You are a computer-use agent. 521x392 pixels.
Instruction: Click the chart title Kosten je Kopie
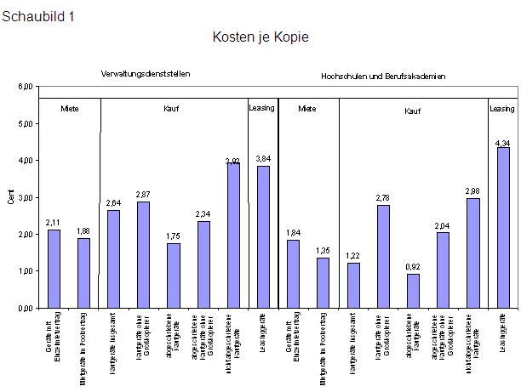[260, 37]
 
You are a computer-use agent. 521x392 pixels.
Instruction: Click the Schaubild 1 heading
[38, 16]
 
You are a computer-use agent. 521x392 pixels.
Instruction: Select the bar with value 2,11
[54, 269]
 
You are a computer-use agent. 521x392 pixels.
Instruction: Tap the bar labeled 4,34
[503, 227]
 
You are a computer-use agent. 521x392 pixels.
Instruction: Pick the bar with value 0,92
[413, 291]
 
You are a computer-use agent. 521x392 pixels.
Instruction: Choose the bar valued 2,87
[143, 254]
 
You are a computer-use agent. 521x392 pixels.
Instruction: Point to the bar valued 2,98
[472, 253]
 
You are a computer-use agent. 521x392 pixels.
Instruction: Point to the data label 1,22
[352, 254]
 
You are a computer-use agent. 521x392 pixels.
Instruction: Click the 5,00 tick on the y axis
[26, 123]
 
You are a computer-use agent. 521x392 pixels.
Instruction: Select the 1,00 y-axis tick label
[26, 271]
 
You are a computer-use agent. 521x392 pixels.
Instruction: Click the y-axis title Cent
[11, 198]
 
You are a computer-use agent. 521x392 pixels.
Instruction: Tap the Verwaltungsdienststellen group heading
[145, 74]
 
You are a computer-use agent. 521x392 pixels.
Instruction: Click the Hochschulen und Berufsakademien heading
[383, 77]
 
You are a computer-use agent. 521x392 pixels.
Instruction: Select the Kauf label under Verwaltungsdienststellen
[171, 109]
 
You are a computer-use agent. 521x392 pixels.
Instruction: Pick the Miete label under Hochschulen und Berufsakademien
[307, 109]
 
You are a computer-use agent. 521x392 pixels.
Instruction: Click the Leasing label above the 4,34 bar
[502, 109]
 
